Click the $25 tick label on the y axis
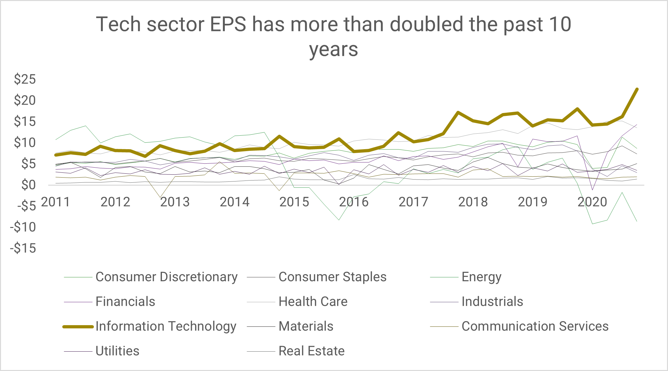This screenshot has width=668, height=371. point(25,79)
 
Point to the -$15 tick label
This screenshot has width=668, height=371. point(23,248)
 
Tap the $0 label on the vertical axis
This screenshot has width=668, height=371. point(28,185)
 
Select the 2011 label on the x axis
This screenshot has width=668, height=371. point(55,202)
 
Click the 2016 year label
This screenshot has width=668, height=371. point(354,202)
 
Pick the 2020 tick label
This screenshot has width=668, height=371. point(592,202)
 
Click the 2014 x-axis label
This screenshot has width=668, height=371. point(234,202)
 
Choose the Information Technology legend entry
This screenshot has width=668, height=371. point(166,326)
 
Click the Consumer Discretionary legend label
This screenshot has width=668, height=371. point(166,277)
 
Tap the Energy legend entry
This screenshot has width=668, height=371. point(481,277)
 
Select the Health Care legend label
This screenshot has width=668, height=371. point(313,302)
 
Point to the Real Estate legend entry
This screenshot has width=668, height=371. point(311,351)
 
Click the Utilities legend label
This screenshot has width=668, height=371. point(117,351)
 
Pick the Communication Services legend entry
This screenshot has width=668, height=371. point(535,326)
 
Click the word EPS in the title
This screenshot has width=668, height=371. point(228,25)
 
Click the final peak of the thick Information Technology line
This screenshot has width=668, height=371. point(637,89)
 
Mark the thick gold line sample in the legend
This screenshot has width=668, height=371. point(78,327)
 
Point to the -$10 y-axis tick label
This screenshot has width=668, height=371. point(23,227)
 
